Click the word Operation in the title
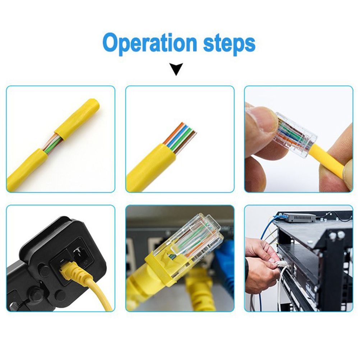[x=150, y=43]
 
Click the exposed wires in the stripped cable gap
[x=53, y=143]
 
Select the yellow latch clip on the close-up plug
[x=158, y=267]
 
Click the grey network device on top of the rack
[x=300, y=218]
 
